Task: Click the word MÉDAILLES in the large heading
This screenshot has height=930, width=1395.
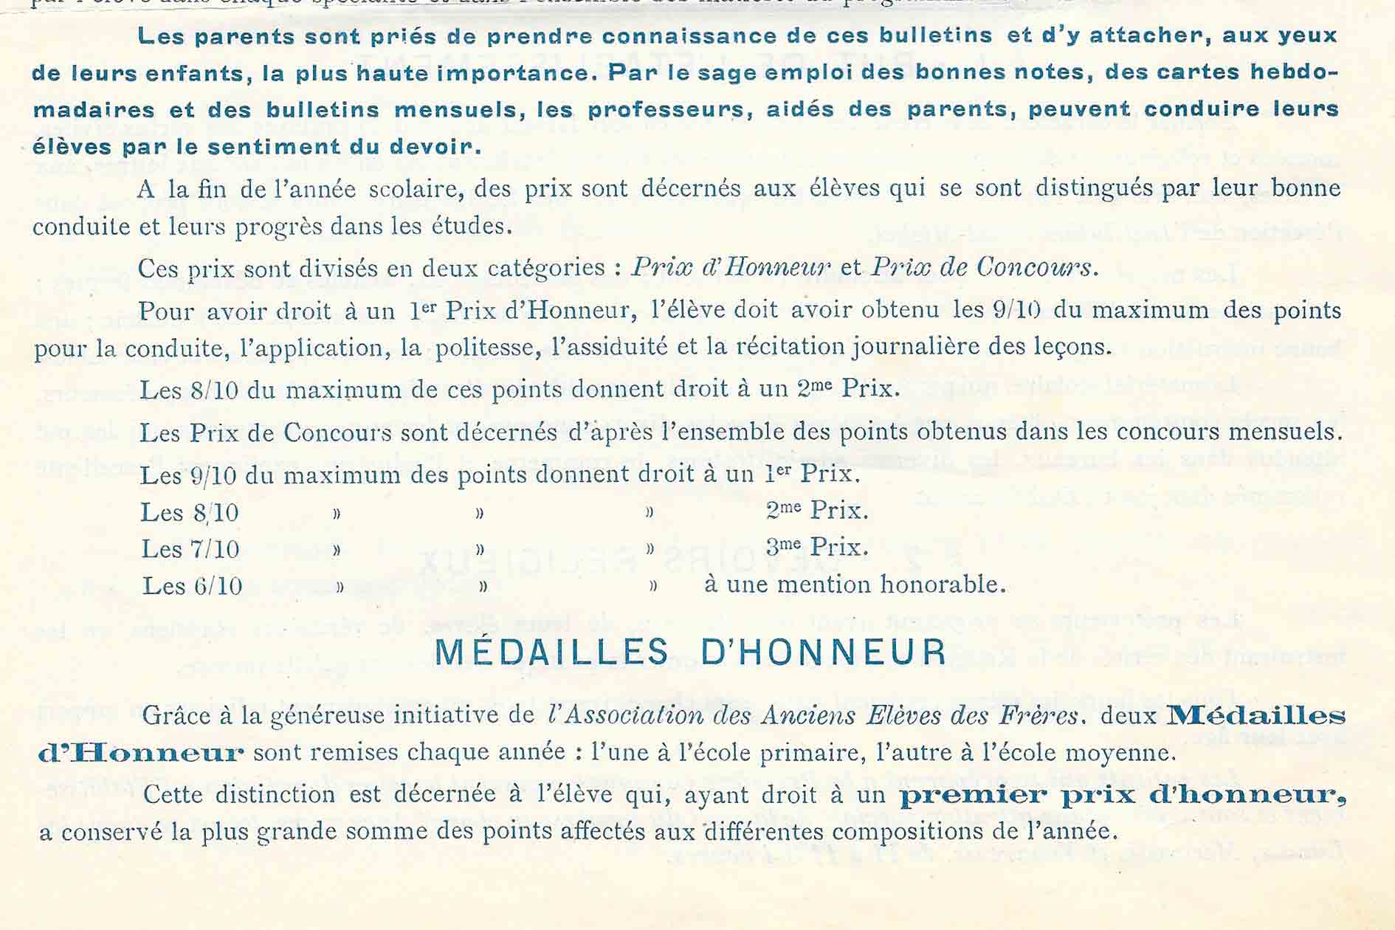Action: (551, 652)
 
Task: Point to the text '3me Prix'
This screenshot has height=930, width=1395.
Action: (816, 547)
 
